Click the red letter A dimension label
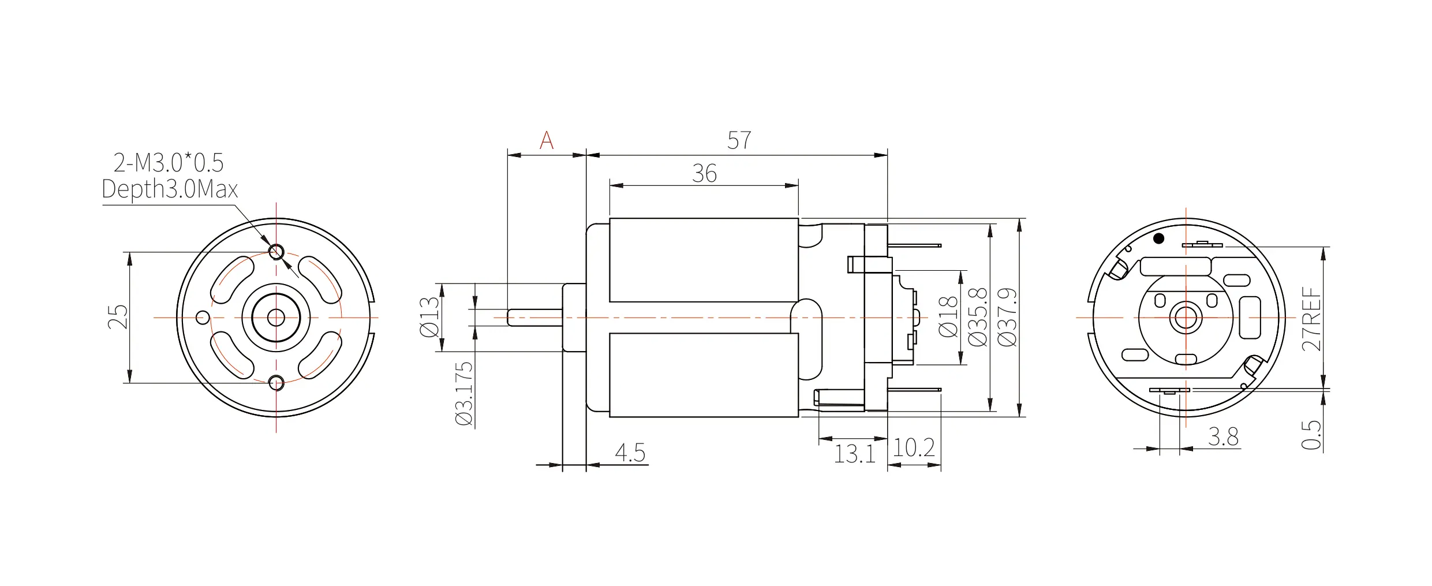tap(547, 140)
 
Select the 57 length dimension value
tap(739, 140)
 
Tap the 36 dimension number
tap(704, 173)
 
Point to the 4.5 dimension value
tap(630, 453)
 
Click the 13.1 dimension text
tap(855, 454)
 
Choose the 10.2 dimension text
tap(914, 448)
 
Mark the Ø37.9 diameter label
tap(1007, 317)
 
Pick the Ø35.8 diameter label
tap(978, 317)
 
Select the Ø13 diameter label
tap(429, 317)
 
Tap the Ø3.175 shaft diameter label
tap(464, 394)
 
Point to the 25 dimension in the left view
tap(118, 317)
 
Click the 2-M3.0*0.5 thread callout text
tap(169, 163)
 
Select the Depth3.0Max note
tap(170, 189)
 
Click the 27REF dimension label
tap(1311, 319)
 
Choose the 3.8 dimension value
tap(1224, 437)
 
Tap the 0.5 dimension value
tap(1311, 435)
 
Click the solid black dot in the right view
tap(1158, 238)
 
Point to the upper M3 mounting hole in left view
tap(276, 252)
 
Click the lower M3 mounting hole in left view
tap(276, 382)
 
